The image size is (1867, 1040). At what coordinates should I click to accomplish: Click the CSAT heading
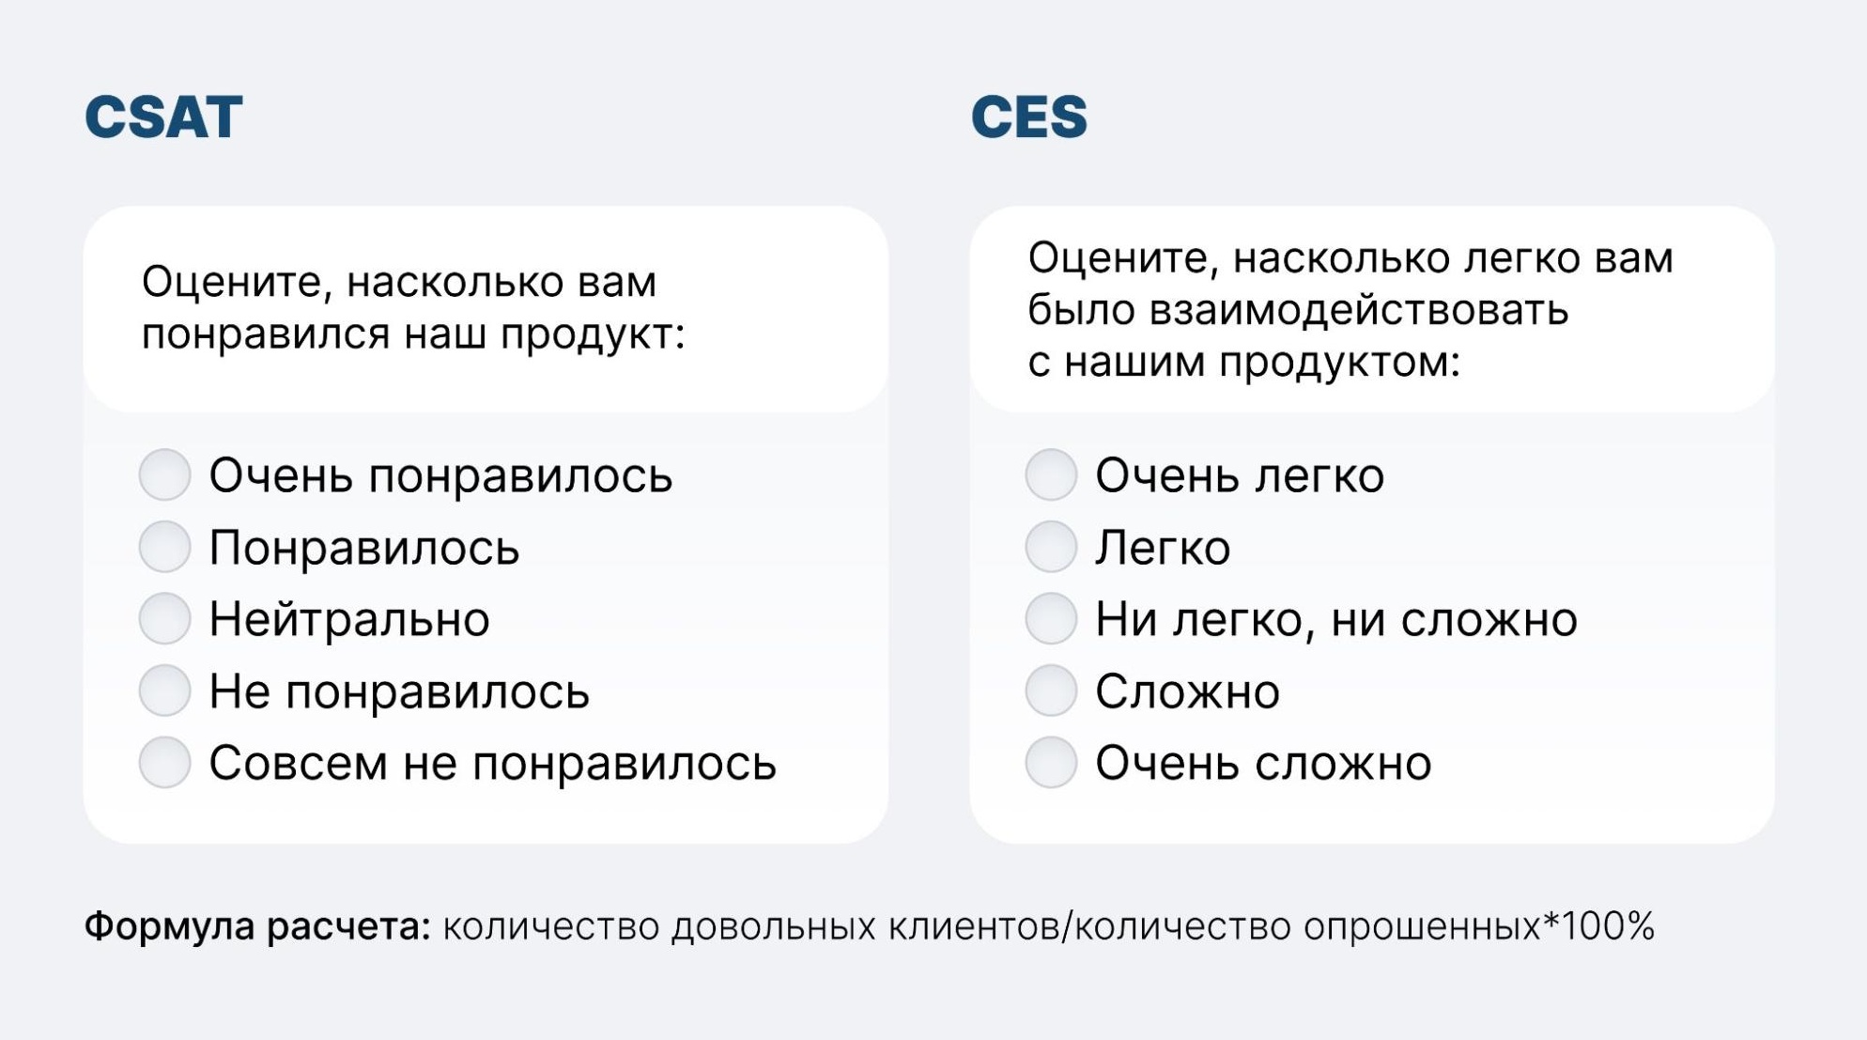click(x=163, y=117)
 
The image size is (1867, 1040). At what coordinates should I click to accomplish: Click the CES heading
click(x=1028, y=117)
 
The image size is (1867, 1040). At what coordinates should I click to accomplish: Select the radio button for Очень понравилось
click(x=165, y=474)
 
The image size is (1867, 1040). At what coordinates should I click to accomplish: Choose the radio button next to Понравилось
click(x=165, y=547)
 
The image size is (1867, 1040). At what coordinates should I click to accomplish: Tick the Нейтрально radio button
click(x=165, y=618)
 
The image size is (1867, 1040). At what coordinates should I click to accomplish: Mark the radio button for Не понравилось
click(x=165, y=691)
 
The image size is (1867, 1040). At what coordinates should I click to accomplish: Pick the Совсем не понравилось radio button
click(x=165, y=762)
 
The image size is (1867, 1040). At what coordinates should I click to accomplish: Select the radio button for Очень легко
click(x=1051, y=474)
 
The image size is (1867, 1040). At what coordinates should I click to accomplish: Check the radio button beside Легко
click(x=1051, y=547)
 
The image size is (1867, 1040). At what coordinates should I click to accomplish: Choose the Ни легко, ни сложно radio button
click(x=1051, y=618)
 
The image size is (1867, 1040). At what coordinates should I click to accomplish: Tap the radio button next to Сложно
click(x=1051, y=691)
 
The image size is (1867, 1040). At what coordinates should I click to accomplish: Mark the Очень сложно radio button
click(x=1051, y=762)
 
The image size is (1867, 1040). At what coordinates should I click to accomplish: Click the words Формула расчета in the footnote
click(x=257, y=927)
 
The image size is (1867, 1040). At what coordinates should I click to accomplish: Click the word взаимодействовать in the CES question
click(x=1359, y=310)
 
